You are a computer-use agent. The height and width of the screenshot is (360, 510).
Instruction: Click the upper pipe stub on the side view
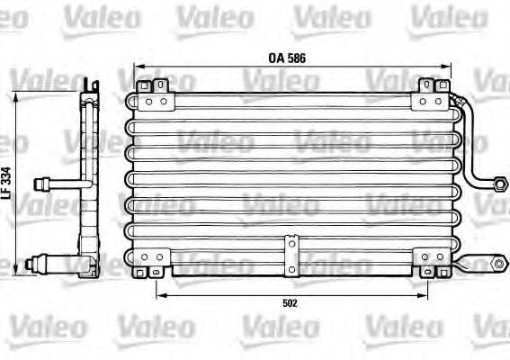[44, 184]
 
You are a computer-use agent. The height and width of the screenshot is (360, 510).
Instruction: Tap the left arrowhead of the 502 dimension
[158, 293]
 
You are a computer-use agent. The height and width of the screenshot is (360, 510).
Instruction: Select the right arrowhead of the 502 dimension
[426, 293]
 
